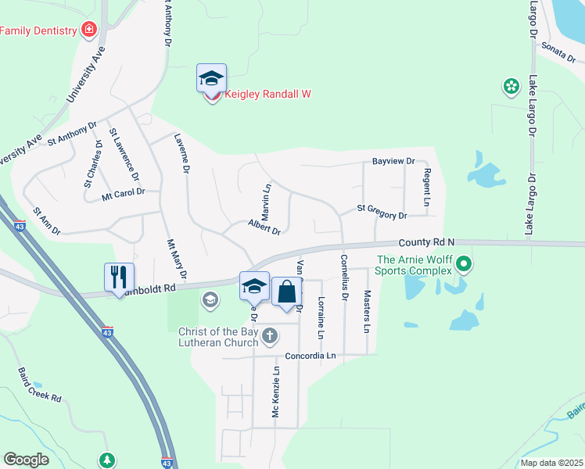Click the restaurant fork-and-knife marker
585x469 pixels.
click(119, 276)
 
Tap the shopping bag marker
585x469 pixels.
click(286, 292)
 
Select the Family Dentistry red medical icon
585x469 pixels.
click(89, 30)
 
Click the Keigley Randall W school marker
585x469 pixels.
click(211, 78)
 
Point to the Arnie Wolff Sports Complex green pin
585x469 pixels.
click(464, 263)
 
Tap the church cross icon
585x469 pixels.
click(270, 337)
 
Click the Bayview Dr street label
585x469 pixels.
click(393, 161)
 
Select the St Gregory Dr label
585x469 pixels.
click(382, 212)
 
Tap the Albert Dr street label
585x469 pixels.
click(264, 227)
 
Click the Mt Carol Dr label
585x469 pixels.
click(124, 193)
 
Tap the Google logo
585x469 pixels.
click(27, 460)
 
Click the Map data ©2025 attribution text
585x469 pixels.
click(551, 463)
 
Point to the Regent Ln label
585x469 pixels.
click(427, 187)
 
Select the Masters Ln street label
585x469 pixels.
click(367, 311)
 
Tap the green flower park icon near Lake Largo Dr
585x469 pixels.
click(511, 87)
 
